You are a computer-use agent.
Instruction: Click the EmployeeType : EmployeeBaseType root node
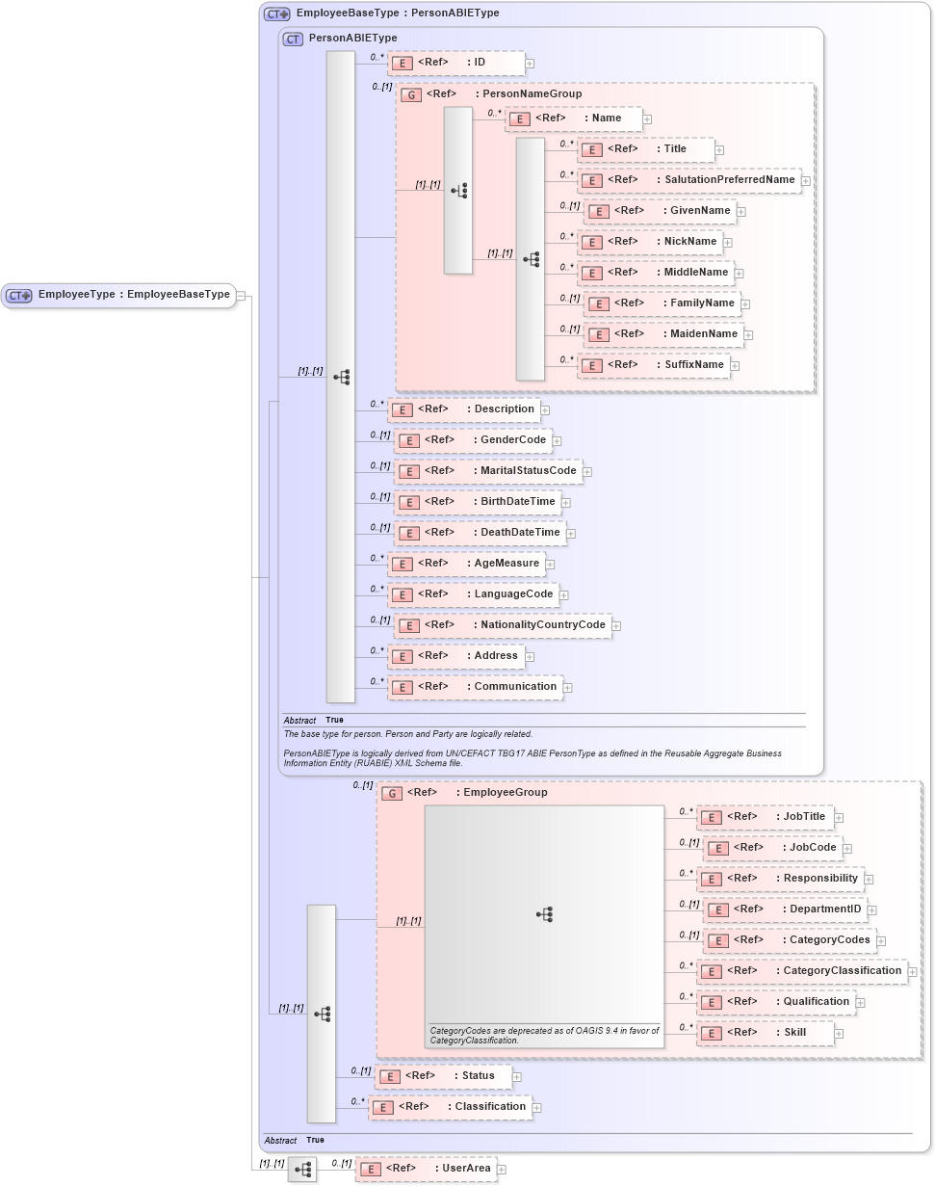[118, 295]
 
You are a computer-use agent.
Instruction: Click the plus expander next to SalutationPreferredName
[806, 180]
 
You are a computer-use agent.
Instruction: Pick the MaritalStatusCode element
[488, 471]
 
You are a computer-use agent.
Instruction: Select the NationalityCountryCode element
[503, 625]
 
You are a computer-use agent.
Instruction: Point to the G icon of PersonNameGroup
[411, 95]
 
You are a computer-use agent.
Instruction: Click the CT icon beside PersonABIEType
[293, 39]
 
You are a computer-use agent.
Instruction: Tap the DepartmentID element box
[785, 909]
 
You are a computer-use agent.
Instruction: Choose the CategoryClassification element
[801, 971]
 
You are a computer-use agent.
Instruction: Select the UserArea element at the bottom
[426, 1169]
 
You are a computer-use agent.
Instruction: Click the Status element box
[443, 1076]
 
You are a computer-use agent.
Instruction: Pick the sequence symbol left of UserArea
[302, 1170]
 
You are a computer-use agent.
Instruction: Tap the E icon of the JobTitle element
[711, 817]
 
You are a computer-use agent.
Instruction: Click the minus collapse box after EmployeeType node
[241, 296]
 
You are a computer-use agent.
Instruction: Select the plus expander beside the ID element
[530, 64]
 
